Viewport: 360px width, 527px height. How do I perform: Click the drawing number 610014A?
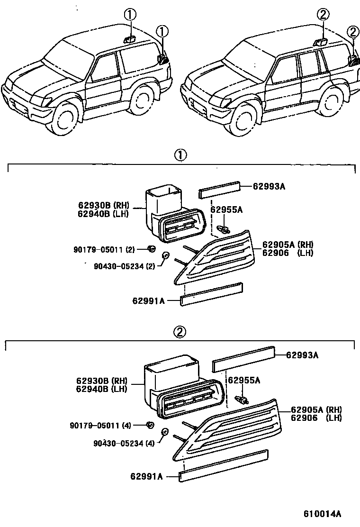pyautogui.click(x=323, y=514)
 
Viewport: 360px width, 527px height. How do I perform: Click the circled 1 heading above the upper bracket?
pyautogui.click(x=180, y=154)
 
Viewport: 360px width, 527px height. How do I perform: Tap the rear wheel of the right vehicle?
pyautogui.click(x=332, y=102)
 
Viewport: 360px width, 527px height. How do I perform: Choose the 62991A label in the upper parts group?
pyautogui.click(x=149, y=300)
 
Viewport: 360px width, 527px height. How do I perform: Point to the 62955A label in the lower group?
pyautogui.click(x=244, y=380)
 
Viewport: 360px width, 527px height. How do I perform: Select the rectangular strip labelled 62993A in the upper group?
pyautogui.click(x=218, y=190)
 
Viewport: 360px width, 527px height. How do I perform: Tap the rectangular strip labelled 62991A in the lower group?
pyautogui.click(x=224, y=466)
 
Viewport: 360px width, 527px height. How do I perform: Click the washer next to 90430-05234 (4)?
pyautogui.click(x=165, y=432)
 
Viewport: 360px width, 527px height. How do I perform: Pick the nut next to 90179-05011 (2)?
pyautogui.click(x=152, y=248)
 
